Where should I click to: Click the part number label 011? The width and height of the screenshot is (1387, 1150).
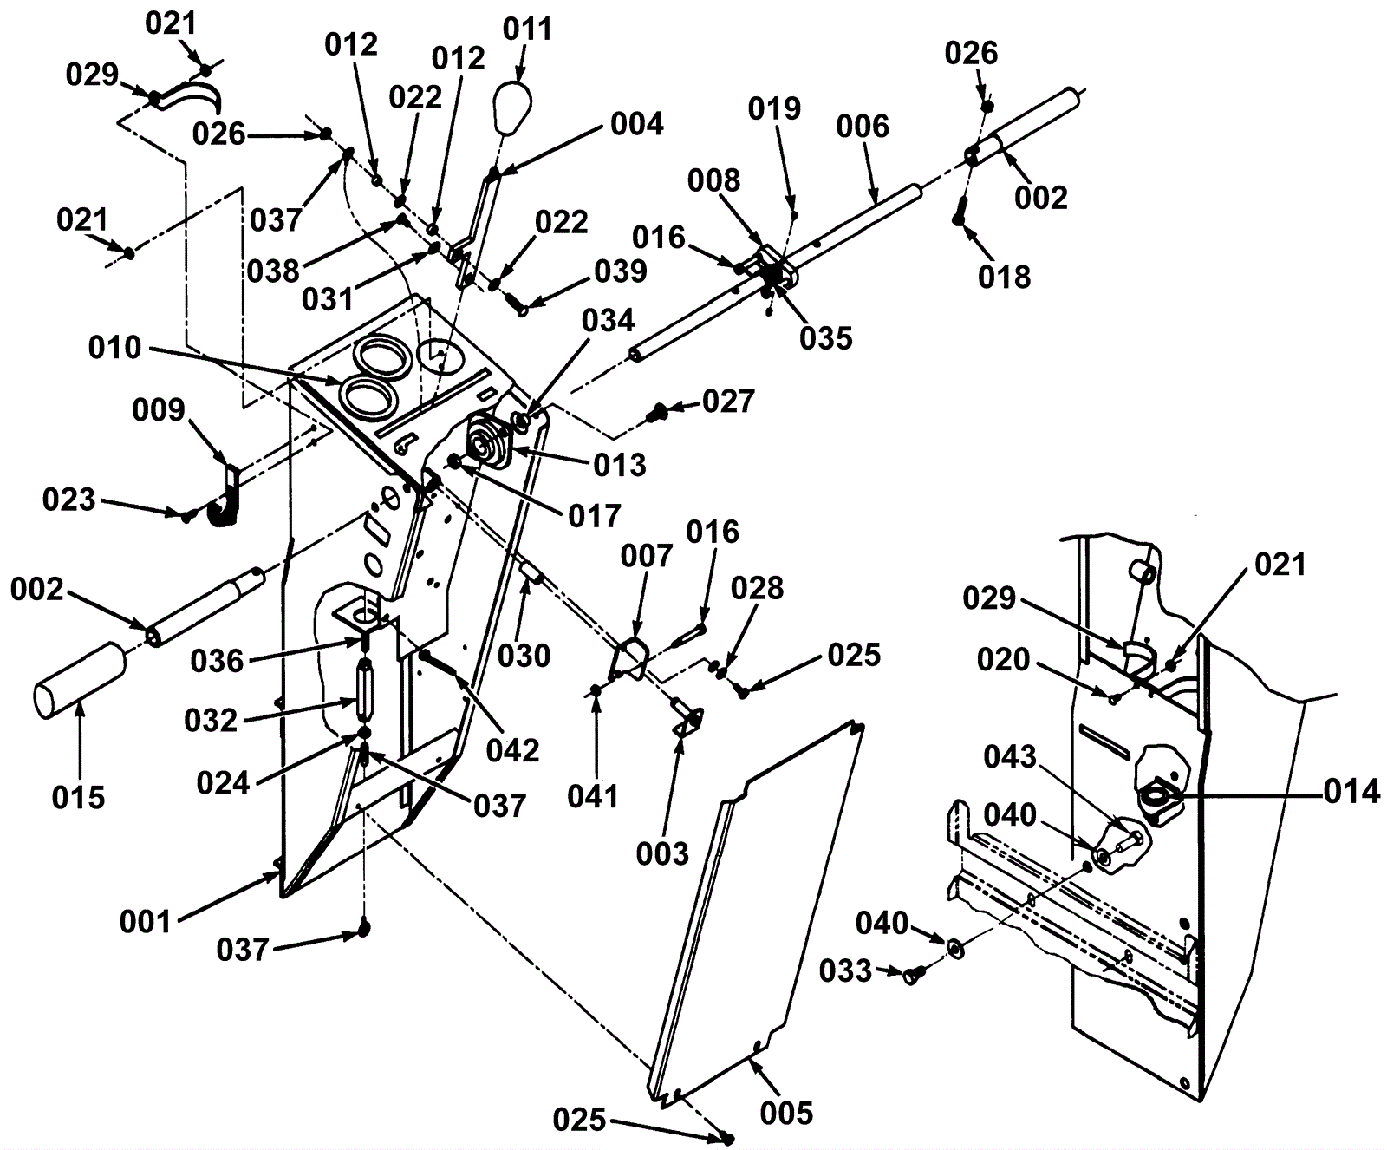tap(527, 29)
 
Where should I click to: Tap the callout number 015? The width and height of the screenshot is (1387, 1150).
tap(78, 797)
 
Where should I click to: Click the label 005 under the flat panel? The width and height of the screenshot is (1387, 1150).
tap(786, 1113)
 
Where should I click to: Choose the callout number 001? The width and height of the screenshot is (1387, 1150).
tap(146, 922)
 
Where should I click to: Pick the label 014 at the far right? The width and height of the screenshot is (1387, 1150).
tap(1351, 792)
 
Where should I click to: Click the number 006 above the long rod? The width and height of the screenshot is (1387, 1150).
tap(863, 127)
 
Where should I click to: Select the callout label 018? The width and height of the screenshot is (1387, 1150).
tap(1004, 278)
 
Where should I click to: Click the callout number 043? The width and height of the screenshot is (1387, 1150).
tap(1010, 757)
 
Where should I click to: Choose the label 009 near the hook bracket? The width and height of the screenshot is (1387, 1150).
tap(159, 409)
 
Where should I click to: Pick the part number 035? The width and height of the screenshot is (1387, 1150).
tap(826, 338)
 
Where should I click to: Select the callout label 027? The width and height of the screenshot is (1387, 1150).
tap(728, 402)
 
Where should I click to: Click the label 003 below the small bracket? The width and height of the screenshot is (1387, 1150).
tap(661, 854)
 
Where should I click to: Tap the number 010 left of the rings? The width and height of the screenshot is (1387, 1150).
tap(114, 348)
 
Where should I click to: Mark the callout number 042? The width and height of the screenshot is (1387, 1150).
tap(513, 750)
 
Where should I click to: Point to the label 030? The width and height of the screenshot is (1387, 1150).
tap(524, 656)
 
